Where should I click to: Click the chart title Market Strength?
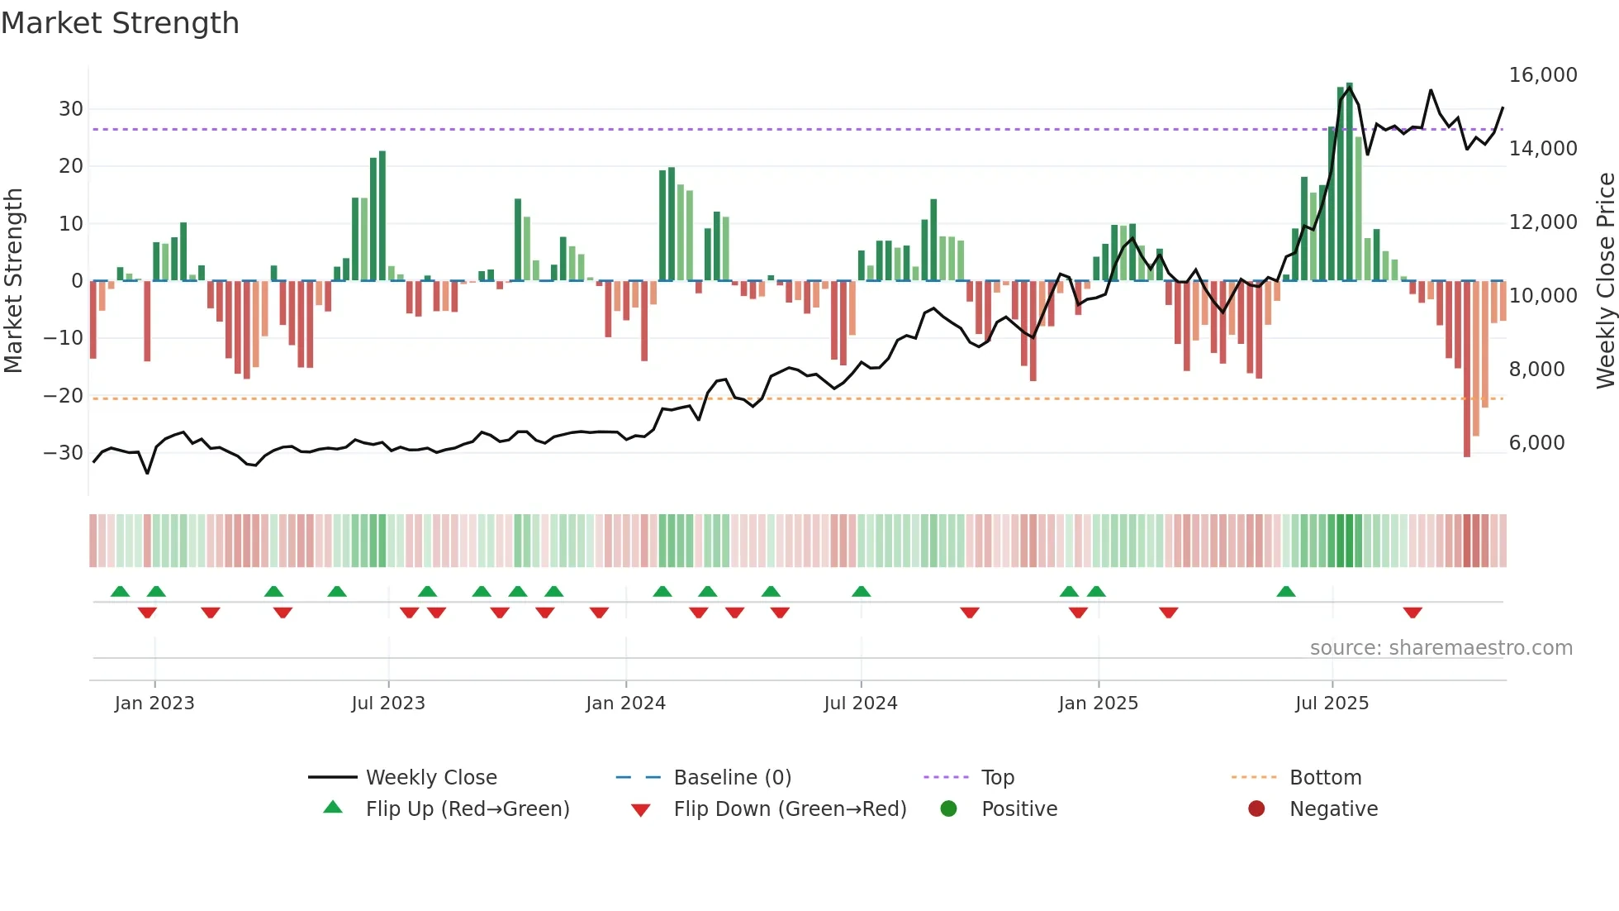pyautogui.click(x=120, y=23)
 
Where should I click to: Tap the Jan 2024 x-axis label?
pyautogui.click(x=625, y=703)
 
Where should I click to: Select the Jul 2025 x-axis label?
pyautogui.click(x=1332, y=703)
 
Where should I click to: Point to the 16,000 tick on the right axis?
pyautogui.click(x=1542, y=75)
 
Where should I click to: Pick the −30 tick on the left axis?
pyautogui.click(x=64, y=453)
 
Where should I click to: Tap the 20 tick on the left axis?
pyautogui.click(x=70, y=166)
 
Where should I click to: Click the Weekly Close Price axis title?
pyautogui.click(x=1605, y=281)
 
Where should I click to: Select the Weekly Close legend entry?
pyautogui.click(x=430, y=778)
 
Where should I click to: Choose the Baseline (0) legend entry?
pyautogui.click(x=732, y=778)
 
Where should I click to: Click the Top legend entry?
pyautogui.click(x=997, y=778)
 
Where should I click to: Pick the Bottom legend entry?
pyautogui.click(x=1325, y=778)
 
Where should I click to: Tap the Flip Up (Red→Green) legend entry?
pyautogui.click(x=467, y=809)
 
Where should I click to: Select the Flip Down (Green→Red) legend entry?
pyautogui.click(x=789, y=809)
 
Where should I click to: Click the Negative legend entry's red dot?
pyautogui.click(x=1256, y=809)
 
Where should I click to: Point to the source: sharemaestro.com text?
pyautogui.click(x=1441, y=648)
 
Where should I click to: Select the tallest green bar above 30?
pyautogui.click(x=1350, y=182)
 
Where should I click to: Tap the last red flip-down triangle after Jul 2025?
pyautogui.click(x=1412, y=613)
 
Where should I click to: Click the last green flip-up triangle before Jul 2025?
pyautogui.click(x=1286, y=592)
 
